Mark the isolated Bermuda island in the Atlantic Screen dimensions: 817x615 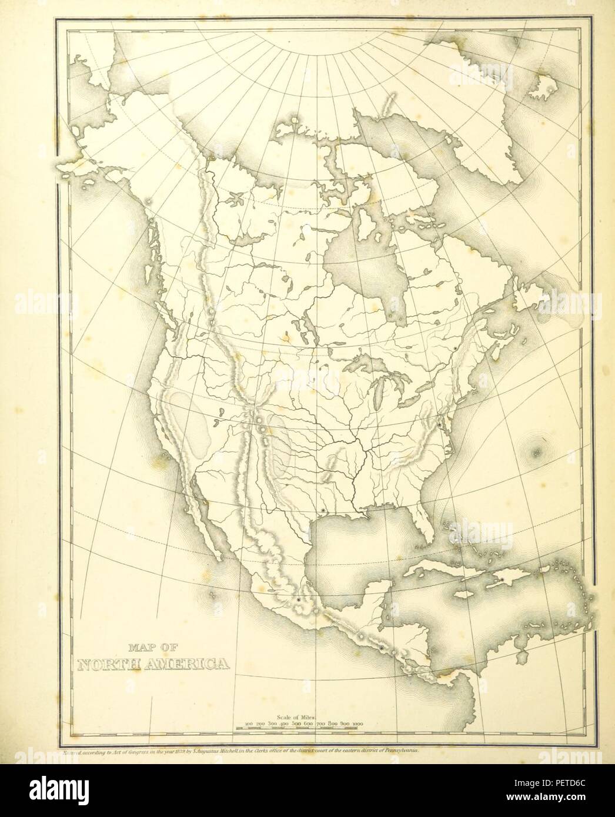[536, 453]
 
